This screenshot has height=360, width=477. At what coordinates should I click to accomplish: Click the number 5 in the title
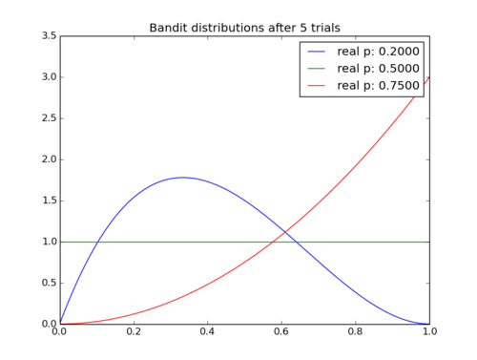click(x=303, y=28)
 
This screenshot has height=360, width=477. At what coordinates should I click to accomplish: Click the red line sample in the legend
click(x=316, y=85)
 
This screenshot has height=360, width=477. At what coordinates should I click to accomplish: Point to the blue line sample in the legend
click(x=316, y=52)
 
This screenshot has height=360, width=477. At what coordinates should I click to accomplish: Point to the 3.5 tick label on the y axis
click(x=49, y=35)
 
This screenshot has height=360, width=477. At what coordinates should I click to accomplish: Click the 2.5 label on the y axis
click(x=49, y=118)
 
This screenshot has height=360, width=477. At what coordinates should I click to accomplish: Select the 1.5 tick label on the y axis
click(x=49, y=201)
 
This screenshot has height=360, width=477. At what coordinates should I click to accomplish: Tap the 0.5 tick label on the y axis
click(x=49, y=283)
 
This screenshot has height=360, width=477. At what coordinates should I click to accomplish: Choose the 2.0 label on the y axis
click(x=49, y=159)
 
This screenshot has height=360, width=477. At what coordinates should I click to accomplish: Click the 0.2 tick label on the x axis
click(x=134, y=331)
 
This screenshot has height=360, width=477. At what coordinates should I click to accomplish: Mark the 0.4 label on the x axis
click(x=207, y=331)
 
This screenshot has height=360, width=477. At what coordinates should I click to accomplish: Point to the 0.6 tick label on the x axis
click(x=281, y=331)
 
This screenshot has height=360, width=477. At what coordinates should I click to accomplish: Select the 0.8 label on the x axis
click(x=355, y=331)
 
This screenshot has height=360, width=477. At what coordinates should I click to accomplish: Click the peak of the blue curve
click(x=183, y=178)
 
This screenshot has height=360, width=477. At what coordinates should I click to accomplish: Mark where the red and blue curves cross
click(x=285, y=232)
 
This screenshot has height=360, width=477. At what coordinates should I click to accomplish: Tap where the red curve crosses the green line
click(x=274, y=242)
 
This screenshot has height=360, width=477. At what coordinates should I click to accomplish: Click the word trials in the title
click(x=325, y=28)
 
